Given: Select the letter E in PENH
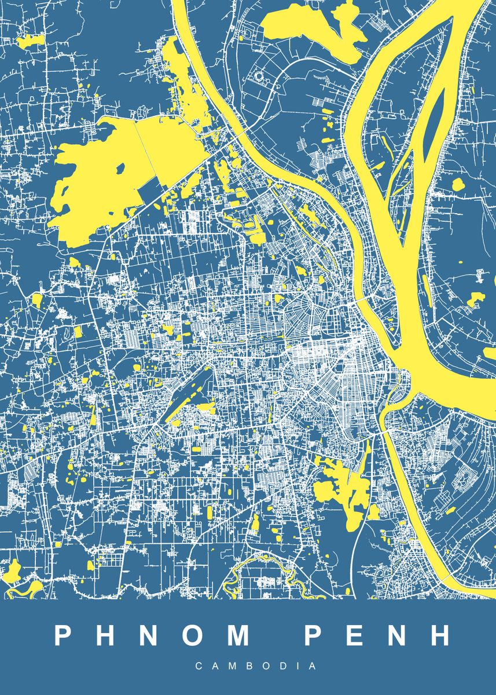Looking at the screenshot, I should click(x=352, y=635).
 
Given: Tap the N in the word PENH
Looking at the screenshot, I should click(x=396, y=635).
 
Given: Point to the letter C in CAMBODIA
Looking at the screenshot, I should click(x=199, y=666).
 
